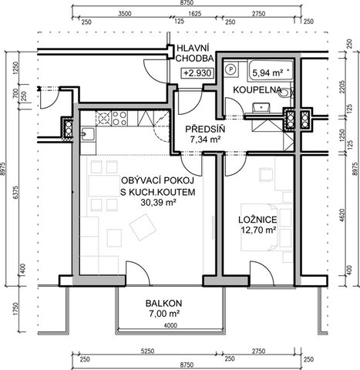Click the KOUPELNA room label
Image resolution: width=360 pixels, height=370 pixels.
point(257,90)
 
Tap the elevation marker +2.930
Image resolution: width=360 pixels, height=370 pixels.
point(197,73)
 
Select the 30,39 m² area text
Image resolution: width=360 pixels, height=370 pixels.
point(158,203)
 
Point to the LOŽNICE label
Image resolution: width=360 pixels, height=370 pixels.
point(257,220)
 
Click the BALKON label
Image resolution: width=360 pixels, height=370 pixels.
point(163,304)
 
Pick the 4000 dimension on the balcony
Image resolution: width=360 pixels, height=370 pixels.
point(170,326)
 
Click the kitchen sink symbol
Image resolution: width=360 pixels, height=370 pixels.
point(88,134)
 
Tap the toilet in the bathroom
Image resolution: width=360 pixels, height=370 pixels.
point(286,92)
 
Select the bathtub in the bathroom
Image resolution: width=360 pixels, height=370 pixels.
point(271,70)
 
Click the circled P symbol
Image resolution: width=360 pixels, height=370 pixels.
point(231,69)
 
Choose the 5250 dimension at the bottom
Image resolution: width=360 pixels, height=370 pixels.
point(148,351)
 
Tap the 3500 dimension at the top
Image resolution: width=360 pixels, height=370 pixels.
point(125,13)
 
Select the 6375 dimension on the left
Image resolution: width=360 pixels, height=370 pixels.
point(16,192)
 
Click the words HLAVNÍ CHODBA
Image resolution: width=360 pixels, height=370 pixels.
point(194,53)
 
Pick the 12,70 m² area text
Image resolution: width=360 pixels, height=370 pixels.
point(258,230)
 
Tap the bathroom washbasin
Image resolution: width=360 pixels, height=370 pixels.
point(261,107)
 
